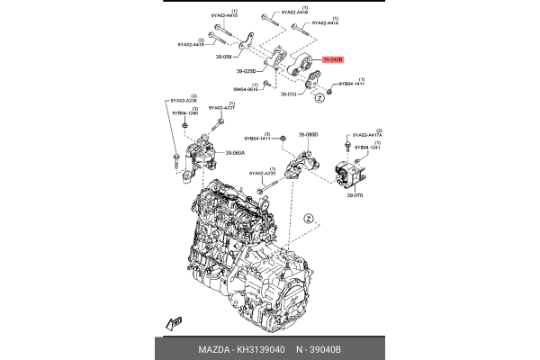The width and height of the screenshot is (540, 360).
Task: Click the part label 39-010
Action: pyautogui.click(x=288, y=94)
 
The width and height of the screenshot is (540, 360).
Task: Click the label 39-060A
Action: pyautogui.click(x=236, y=153)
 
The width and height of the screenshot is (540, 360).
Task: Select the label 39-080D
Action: pyautogui.click(x=309, y=135)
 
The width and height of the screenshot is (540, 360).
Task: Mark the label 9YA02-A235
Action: pyautogui.click(x=262, y=173)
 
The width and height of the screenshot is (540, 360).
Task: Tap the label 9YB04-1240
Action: pyautogui.click(x=187, y=112)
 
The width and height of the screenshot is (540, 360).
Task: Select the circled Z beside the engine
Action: pyautogui.click(x=307, y=218)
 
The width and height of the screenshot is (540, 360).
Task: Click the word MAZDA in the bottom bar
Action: pyautogui.click(x=213, y=348)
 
